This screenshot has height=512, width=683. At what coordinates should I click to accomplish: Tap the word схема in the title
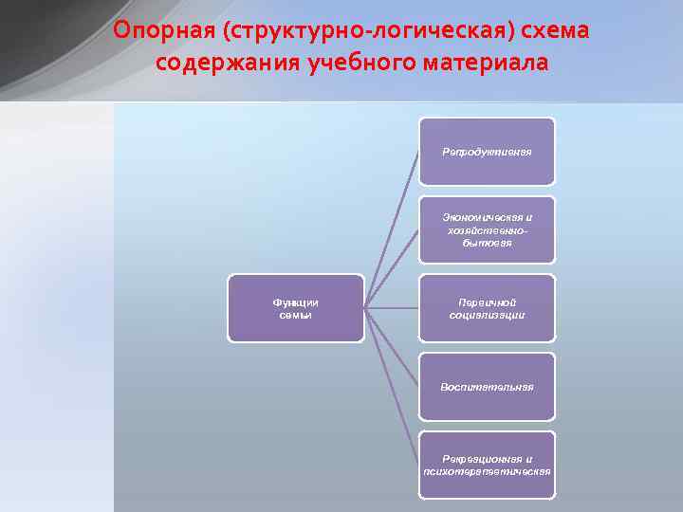(555, 31)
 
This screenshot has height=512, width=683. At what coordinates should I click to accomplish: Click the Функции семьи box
(295, 308)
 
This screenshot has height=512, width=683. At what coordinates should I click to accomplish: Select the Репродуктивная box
(487, 152)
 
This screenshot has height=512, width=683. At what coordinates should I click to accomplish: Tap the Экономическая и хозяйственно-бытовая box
(487, 230)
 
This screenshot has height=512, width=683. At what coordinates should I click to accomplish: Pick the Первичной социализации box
(487, 308)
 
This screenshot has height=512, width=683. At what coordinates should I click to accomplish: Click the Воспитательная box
(487, 387)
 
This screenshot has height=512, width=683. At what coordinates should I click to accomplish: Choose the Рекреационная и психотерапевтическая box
(487, 466)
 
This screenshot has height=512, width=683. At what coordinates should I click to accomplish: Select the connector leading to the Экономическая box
(393, 267)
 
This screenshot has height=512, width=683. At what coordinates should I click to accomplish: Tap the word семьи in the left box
(295, 315)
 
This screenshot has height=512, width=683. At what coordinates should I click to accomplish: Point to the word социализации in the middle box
(487, 315)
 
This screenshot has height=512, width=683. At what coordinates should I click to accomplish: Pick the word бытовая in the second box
(487, 243)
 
